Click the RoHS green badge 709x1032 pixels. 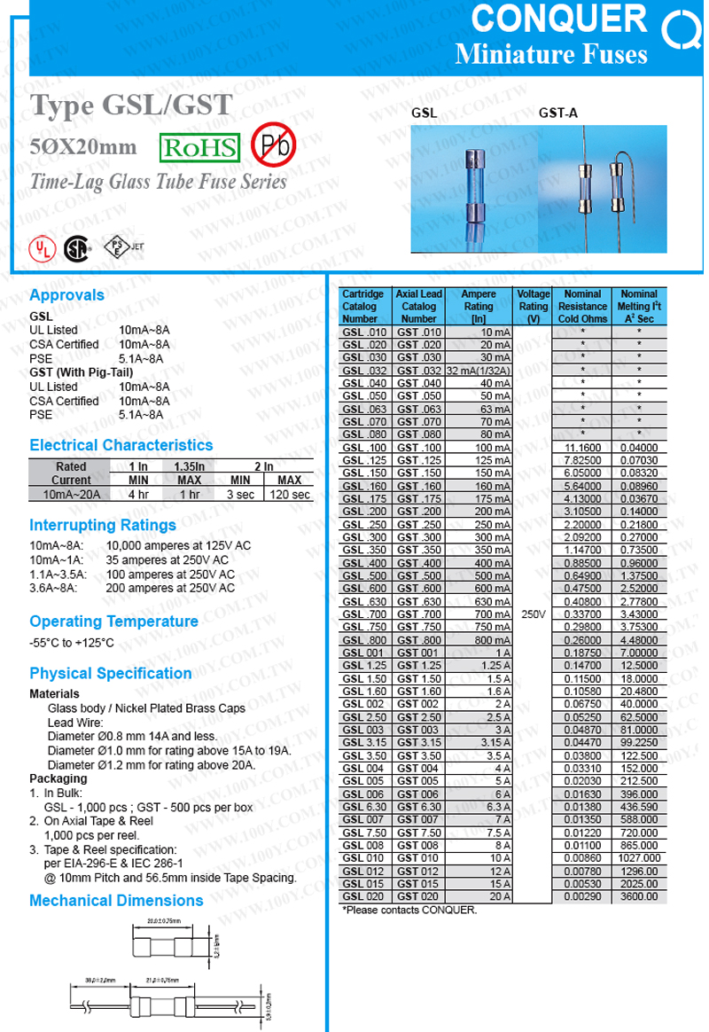coord(199,146)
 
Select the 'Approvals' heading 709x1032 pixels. coord(67,295)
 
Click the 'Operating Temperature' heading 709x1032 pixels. coord(113,622)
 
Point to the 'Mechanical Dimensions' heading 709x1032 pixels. coord(116,901)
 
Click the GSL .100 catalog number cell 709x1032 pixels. coord(363,448)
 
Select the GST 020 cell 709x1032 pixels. coord(418,896)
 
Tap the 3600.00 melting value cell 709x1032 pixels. coord(639,896)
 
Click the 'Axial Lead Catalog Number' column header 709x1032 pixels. coord(418,305)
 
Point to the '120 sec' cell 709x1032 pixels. coord(291,494)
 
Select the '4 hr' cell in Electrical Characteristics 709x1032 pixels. coord(138,494)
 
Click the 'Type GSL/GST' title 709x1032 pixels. coord(133,106)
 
